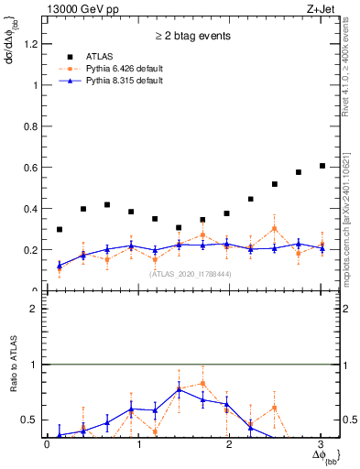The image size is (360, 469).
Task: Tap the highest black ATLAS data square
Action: [x=322, y=166]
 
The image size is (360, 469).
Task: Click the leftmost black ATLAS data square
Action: [x=60, y=230]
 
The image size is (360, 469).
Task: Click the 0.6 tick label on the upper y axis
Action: [x=30, y=168]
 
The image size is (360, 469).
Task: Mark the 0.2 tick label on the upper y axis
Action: [x=30, y=250]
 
